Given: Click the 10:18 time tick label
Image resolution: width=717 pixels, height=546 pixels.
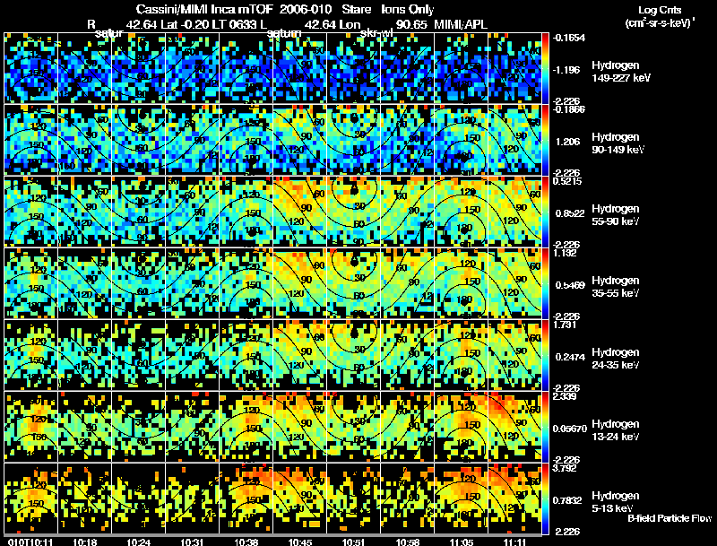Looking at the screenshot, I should coord(87,541).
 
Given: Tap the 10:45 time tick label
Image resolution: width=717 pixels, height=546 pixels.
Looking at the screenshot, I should coord(303,541).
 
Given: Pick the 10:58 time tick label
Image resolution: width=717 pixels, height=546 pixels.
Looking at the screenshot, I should coord(410,541).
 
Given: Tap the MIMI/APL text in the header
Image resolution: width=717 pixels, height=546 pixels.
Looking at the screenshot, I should coord(460,24).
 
